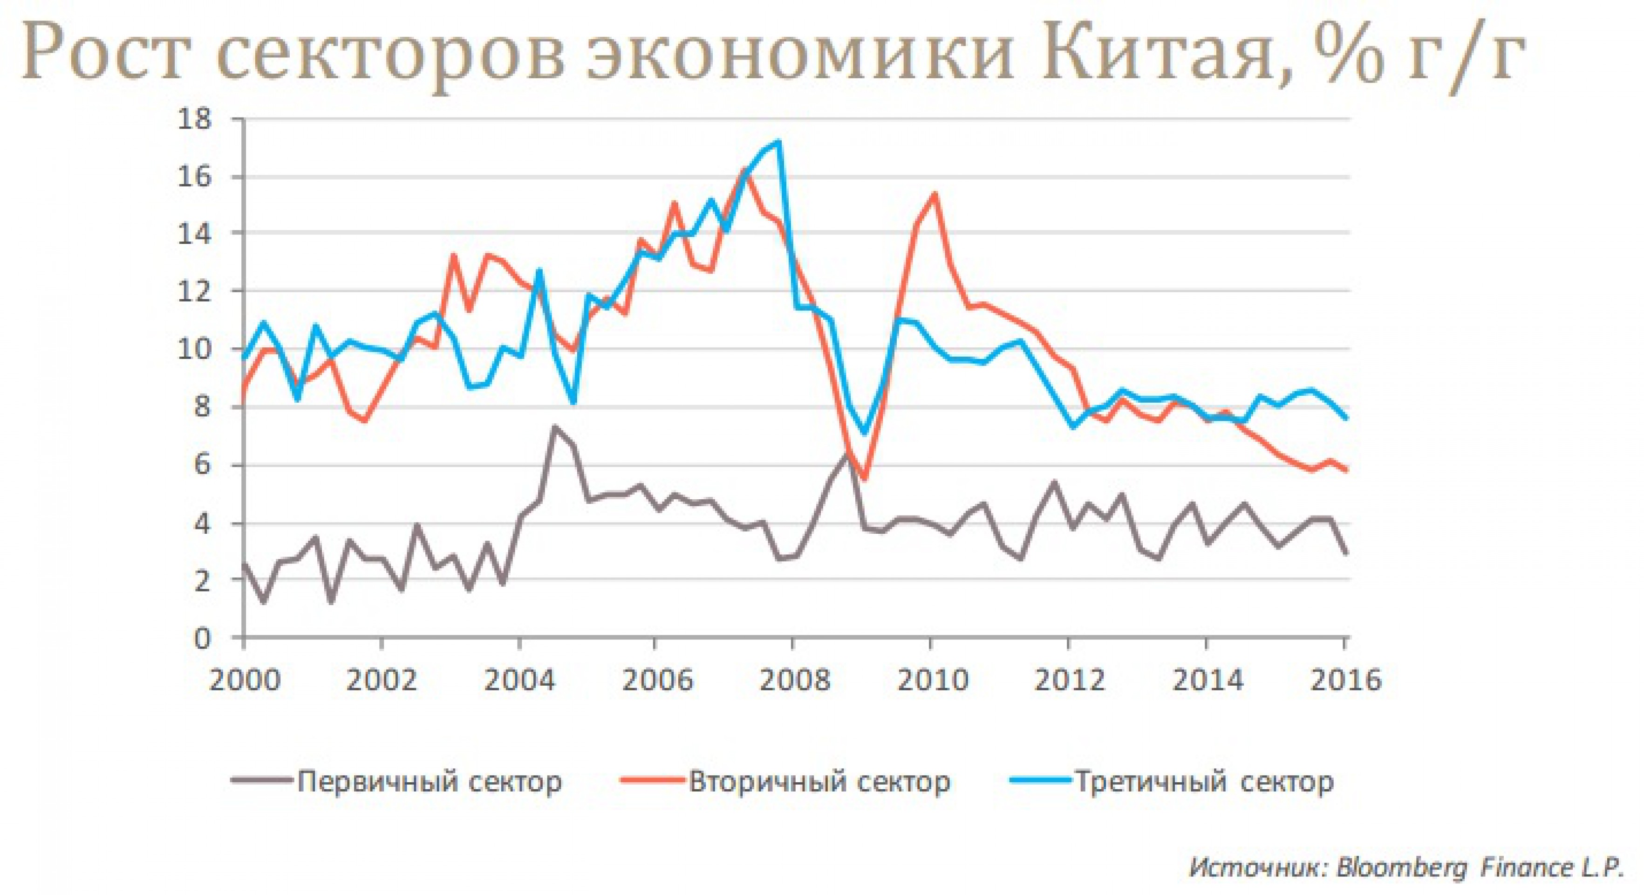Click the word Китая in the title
tap(1152, 59)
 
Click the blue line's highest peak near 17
tap(778, 142)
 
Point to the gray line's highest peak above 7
tap(554, 427)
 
